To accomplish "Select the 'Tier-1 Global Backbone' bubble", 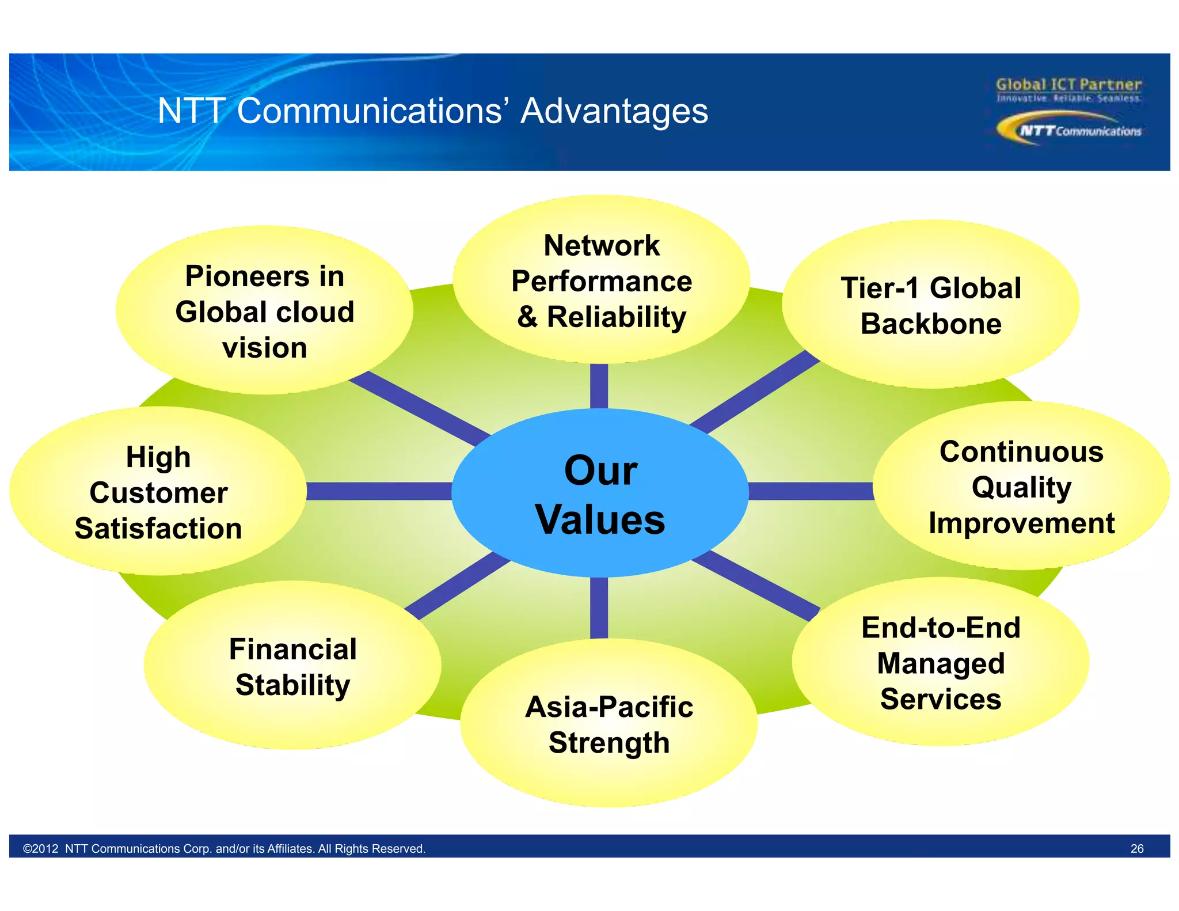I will coord(930,305).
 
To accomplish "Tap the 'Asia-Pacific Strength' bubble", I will coord(608,724).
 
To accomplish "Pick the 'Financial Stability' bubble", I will coord(292,666).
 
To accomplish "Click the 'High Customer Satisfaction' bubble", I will coord(158,492).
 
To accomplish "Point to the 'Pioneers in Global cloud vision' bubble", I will coord(264,312).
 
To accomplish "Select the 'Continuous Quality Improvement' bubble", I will coord(1021,487).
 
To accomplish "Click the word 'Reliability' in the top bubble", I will coord(616,317).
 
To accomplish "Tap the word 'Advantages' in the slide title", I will coord(614,111).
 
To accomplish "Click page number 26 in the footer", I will coord(1136,848).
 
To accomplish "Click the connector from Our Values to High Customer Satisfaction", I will coord(378,491).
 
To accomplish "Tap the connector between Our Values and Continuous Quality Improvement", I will coord(811,491).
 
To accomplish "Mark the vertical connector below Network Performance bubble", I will coord(599,386).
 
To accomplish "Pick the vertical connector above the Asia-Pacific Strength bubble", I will coord(599,608).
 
